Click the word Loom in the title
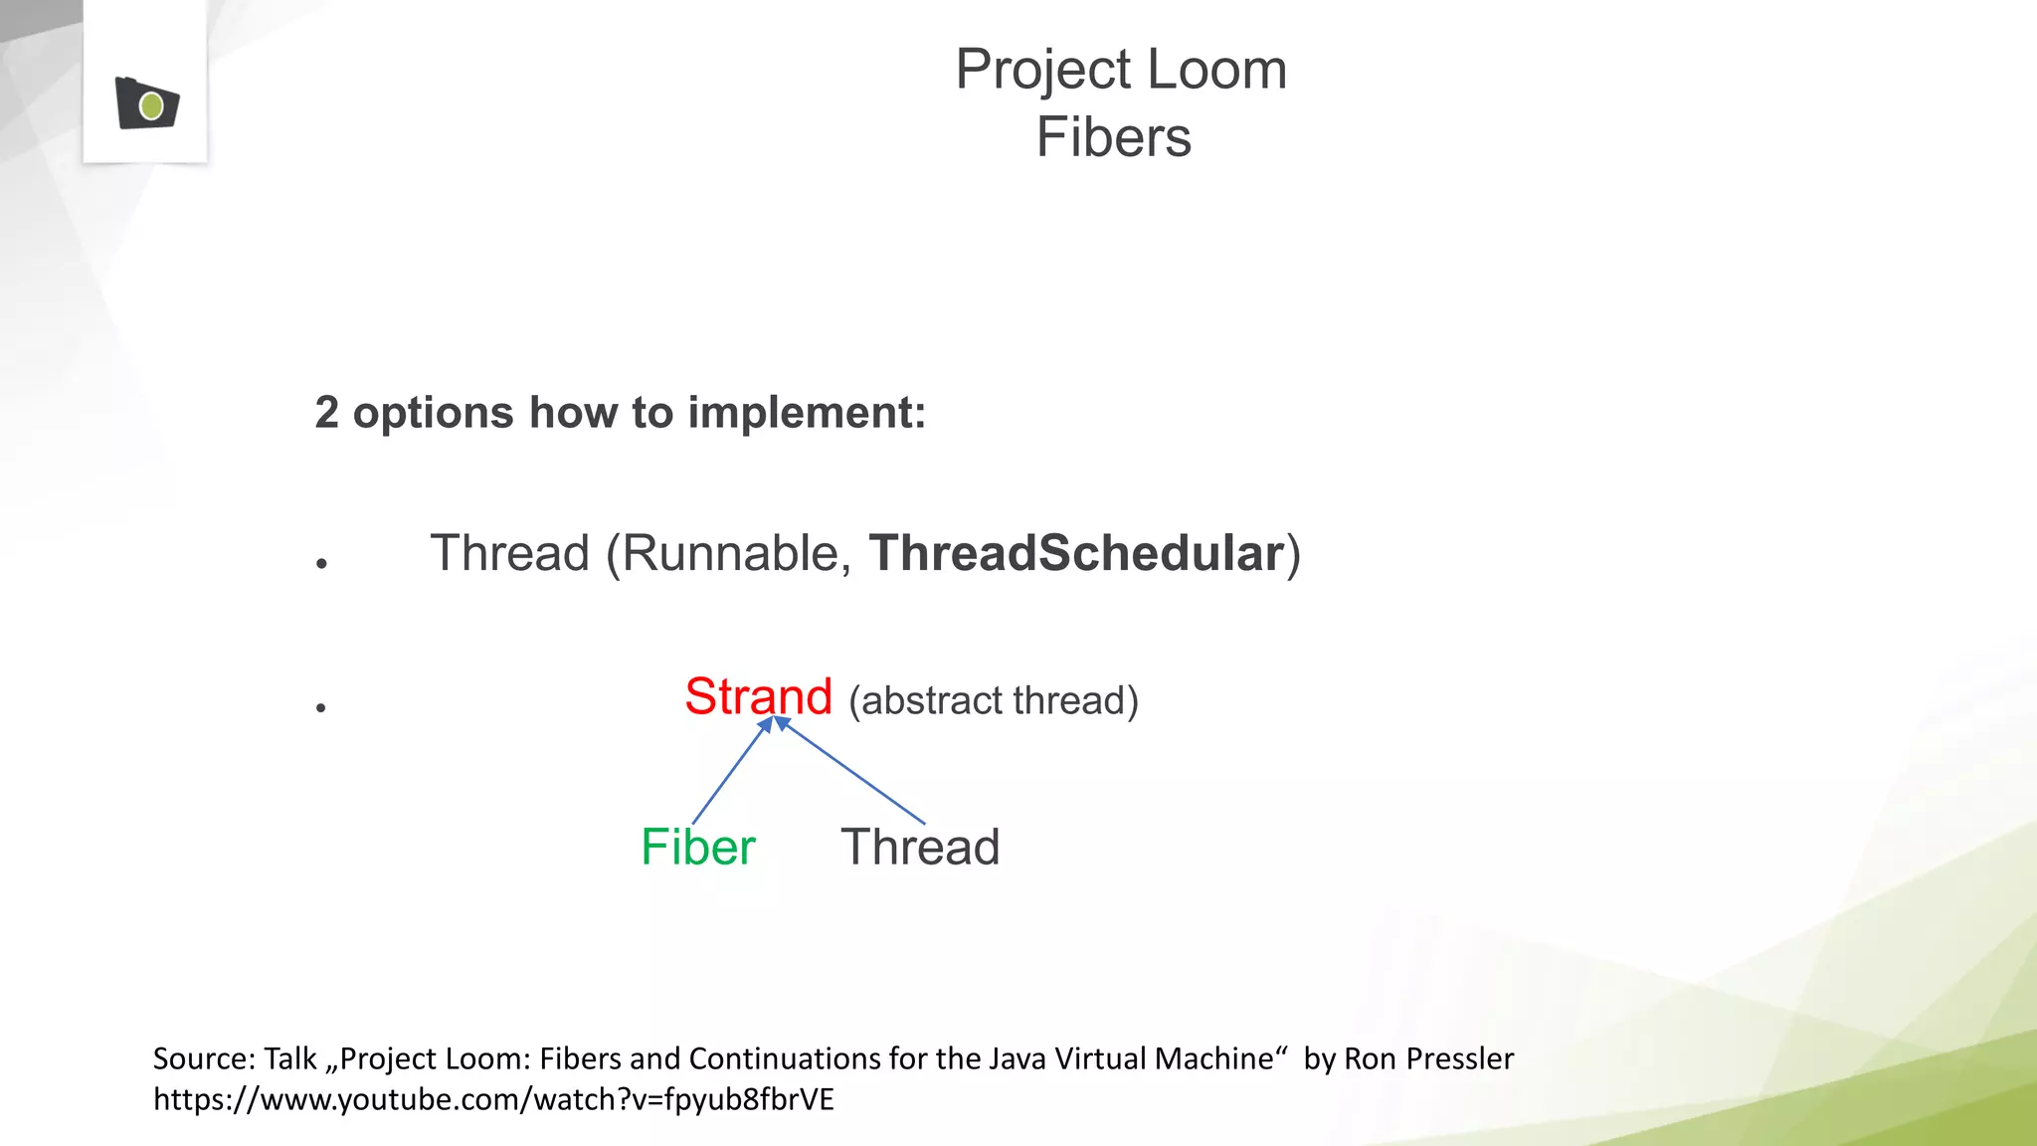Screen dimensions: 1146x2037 tap(1216, 70)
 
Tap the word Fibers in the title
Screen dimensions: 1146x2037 tap(1113, 137)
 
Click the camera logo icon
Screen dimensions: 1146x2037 tap(146, 102)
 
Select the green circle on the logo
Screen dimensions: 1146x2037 tap(151, 105)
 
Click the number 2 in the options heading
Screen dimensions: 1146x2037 tap(326, 413)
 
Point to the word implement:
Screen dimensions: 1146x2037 tap(807, 413)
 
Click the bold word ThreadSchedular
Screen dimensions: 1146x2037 tap(1076, 553)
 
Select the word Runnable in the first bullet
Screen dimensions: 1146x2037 tap(736, 553)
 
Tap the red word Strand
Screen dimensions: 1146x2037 tap(758, 696)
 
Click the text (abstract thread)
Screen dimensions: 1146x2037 tap(993, 700)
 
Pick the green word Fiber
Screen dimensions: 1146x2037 tap(697, 848)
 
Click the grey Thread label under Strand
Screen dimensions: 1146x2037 tap(920, 848)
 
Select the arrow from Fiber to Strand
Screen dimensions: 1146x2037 tap(731, 771)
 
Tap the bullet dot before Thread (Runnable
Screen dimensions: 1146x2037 tap(321, 564)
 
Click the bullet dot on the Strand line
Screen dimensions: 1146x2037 tap(321, 707)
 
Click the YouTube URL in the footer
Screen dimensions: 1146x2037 tap(493, 1099)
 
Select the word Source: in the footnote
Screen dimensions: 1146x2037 tap(204, 1058)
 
